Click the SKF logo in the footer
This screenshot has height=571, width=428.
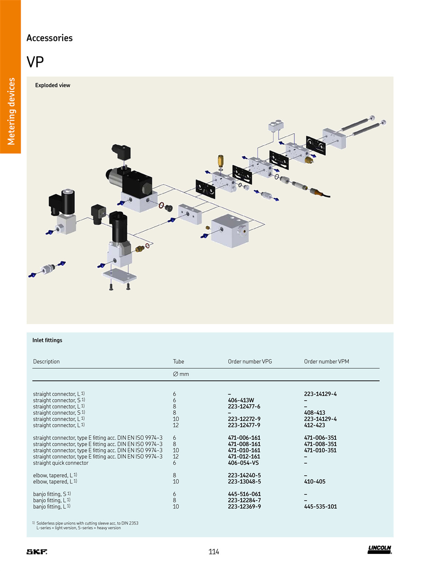pos(37,552)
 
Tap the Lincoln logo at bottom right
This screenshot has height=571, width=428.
pos(379,549)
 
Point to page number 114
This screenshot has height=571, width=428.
pos(214,552)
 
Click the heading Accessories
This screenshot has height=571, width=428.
pos(50,38)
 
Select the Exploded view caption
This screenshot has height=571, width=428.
pos(53,85)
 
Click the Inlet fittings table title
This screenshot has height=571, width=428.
pos(47,340)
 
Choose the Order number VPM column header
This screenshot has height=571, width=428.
pos(326,361)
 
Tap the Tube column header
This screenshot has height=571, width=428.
pos(179,361)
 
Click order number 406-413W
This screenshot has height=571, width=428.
pos(241,400)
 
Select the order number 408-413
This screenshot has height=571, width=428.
pos(314,413)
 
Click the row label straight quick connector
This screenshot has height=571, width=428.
pos(61,463)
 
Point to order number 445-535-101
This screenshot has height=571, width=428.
pos(320,507)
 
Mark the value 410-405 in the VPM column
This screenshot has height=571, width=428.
pos(315,482)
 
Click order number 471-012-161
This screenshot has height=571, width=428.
pos(244,456)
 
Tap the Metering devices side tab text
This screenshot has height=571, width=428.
pos(11,111)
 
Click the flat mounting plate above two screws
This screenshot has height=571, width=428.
pos(120,276)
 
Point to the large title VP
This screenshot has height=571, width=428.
pos(35,62)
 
